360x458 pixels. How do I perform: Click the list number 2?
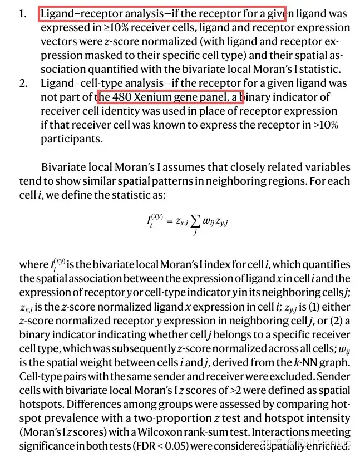coord(23,83)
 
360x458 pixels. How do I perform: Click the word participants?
coord(72,139)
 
